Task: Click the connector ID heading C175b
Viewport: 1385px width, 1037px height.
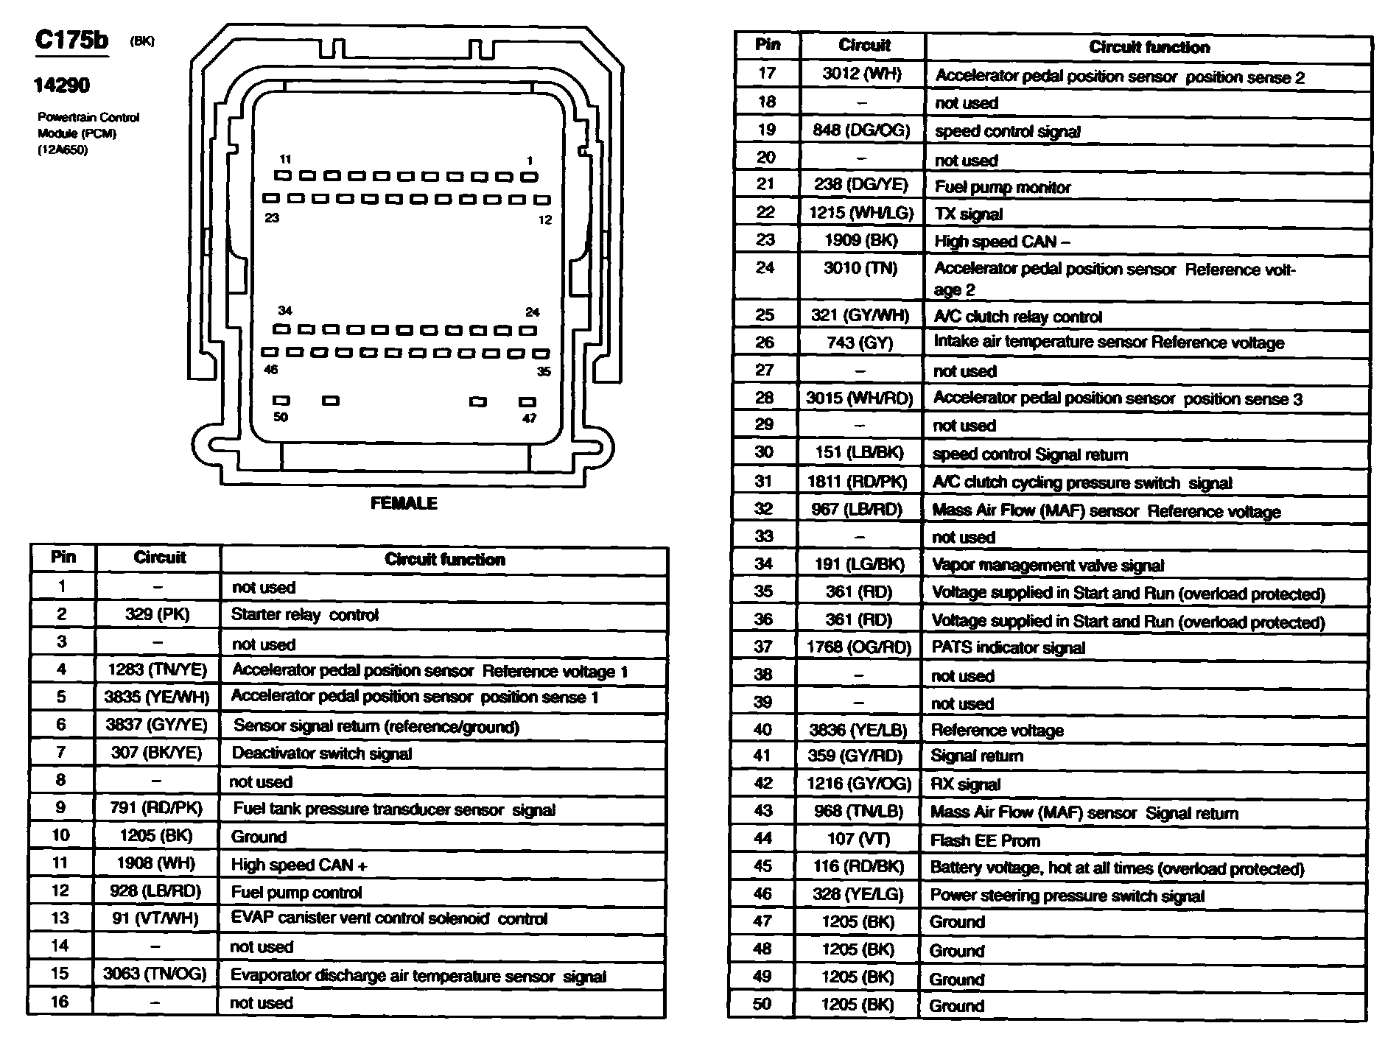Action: (71, 40)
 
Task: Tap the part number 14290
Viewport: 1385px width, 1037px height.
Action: (62, 85)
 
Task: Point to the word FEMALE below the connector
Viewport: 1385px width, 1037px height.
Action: (404, 503)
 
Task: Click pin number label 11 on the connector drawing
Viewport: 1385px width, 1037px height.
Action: (286, 159)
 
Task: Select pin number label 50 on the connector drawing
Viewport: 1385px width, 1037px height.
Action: (281, 417)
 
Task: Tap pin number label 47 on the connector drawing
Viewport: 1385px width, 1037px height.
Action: (529, 418)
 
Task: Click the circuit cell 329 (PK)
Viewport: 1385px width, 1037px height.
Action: (158, 614)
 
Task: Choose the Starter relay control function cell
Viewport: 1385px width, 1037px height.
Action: (305, 615)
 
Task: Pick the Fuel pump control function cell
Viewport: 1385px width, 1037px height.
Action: (296, 893)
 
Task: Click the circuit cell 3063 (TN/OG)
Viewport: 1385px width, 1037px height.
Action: (155, 974)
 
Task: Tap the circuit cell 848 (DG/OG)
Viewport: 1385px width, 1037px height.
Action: (861, 130)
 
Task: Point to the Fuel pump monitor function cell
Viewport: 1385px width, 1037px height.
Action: (1002, 187)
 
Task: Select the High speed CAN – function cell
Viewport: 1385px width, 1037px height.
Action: (1002, 241)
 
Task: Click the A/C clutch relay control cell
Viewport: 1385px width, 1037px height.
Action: (1017, 317)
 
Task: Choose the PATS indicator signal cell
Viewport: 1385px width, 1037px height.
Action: (1008, 648)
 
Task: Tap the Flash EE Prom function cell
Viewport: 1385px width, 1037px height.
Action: (985, 840)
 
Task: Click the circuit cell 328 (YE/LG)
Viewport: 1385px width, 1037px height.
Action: (858, 895)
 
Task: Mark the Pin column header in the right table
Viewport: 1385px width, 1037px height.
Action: (768, 45)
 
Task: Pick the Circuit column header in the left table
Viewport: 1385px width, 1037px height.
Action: (159, 558)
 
